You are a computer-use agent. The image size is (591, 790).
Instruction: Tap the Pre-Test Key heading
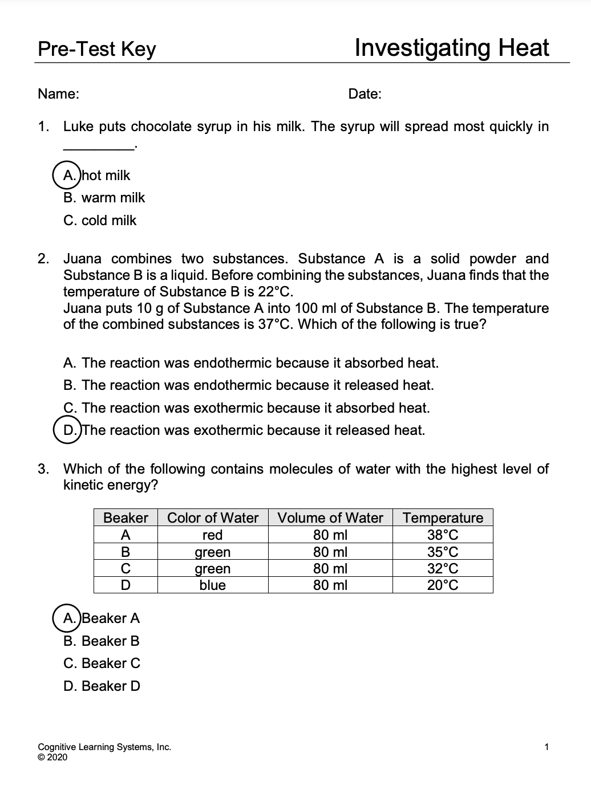click(96, 49)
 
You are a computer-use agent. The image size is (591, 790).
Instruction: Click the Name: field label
click(58, 94)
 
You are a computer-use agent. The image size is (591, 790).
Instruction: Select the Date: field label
click(365, 94)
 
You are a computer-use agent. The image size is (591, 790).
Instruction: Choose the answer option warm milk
click(104, 198)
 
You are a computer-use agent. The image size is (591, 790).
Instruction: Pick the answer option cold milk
click(100, 221)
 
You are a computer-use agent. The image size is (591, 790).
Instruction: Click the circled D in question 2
click(69, 430)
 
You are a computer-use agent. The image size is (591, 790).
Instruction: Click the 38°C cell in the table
click(443, 535)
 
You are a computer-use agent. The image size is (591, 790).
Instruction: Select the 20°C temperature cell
click(443, 585)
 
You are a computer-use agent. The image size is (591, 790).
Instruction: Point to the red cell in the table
click(212, 535)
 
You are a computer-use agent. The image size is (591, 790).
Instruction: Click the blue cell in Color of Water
click(212, 585)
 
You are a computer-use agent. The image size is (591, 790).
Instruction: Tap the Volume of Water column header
click(330, 518)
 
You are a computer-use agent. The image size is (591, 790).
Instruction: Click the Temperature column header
click(443, 518)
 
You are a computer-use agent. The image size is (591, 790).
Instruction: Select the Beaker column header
click(126, 518)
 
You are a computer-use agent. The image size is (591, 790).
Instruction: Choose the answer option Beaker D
click(102, 686)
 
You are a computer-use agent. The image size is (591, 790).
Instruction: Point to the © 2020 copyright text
click(52, 757)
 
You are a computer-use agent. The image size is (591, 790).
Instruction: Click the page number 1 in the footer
click(547, 747)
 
